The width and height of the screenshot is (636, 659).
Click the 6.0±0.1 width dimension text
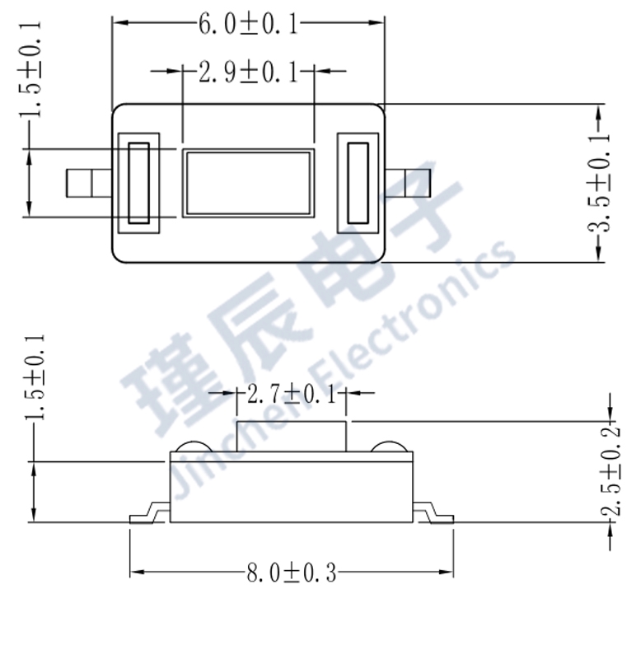pyautogui.click(x=248, y=24)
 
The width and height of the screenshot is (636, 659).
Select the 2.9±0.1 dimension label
pyautogui.click(x=248, y=72)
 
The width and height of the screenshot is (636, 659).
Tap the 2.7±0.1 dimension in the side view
pyautogui.click(x=292, y=395)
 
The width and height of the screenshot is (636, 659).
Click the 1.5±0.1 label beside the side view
pyautogui.click(x=34, y=379)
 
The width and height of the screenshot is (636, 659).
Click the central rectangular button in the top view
pyautogui.click(x=248, y=183)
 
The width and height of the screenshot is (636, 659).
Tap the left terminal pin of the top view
pyautogui.click(x=87, y=183)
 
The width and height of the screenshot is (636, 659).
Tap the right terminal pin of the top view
pyautogui.click(x=408, y=183)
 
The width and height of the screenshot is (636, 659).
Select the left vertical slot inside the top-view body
pyautogui.click(x=139, y=183)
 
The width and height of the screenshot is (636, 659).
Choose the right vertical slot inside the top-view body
pyautogui.click(x=358, y=183)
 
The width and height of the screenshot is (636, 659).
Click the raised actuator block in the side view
pyautogui.click(x=291, y=436)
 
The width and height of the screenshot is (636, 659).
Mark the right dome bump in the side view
pyautogui.click(x=389, y=446)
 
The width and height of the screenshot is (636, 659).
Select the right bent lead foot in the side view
pyautogui.click(x=433, y=514)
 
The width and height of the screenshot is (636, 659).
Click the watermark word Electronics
pyautogui.click(x=412, y=313)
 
